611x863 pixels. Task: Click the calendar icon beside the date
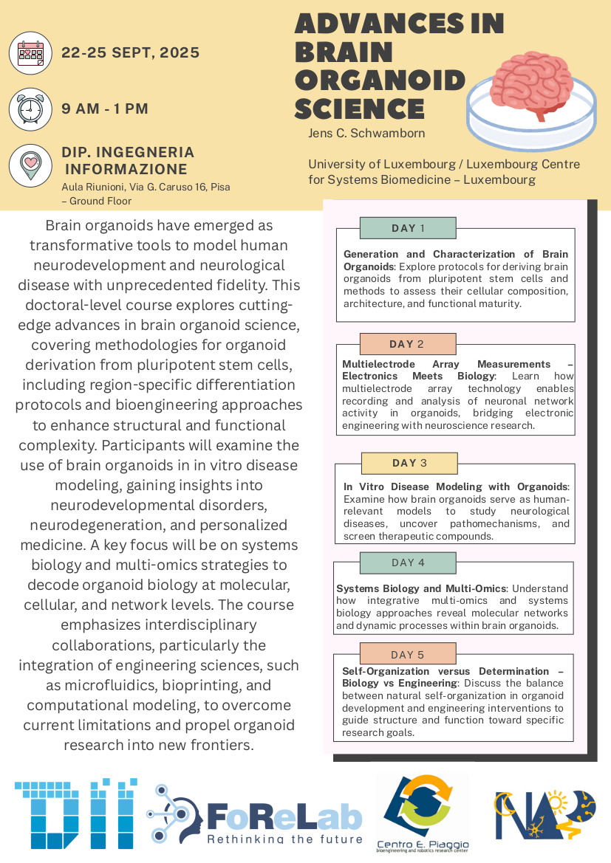pos(30,53)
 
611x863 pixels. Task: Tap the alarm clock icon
pos(30,109)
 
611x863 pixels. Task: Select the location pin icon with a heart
pos(30,165)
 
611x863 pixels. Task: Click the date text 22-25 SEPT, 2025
pos(131,52)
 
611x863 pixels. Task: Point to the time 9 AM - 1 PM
pos(105,109)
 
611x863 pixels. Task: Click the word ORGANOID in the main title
pos(380,80)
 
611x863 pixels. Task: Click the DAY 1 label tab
pos(408,227)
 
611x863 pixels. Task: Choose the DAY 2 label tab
pos(407,344)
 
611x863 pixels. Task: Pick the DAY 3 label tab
pos(409,463)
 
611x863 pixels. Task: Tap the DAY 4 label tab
pos(408,563)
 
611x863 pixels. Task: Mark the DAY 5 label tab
pos(408,654)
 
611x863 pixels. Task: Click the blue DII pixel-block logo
pos(75,812)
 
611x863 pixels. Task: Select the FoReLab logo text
pos(284,816)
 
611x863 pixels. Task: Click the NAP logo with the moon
pos(545,814)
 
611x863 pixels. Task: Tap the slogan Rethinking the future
pos(284,839)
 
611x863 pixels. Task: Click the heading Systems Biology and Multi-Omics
pos(420,588)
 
